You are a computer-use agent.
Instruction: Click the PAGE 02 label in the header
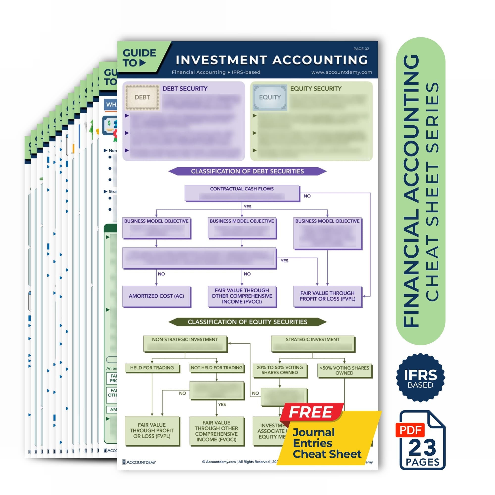[x=361, y=49]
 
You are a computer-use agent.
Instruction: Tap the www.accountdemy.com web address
[x=342, y=72]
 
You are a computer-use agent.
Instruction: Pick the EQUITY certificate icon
[x=270, y=98]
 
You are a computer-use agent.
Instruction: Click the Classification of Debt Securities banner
[x=247, y=171]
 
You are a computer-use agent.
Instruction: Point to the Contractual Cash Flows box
[x=242, y=193]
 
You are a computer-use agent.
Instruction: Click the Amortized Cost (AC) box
[x=156, y=296]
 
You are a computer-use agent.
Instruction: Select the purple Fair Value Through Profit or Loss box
[x=327, y=296]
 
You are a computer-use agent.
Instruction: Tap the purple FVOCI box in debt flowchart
[x=242, y=296]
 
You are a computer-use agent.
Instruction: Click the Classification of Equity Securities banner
[x=247, y=322]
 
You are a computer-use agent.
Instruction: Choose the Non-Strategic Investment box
[x=185, y=343]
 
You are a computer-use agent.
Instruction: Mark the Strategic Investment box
[x=312, y=343]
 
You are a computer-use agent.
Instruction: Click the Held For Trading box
[x=152, y=368]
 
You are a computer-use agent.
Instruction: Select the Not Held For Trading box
[x=217, y=368]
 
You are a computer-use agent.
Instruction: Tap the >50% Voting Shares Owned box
[x=344, y=371]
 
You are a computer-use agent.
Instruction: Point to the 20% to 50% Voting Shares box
[x=279, y=370]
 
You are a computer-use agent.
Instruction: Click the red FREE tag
[x=311, y=412]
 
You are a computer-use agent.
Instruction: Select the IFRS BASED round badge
[x=420, y=378]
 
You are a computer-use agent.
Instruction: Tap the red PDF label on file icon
[x=410, y=430]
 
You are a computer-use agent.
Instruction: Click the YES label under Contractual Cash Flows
[x=247, y=207]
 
